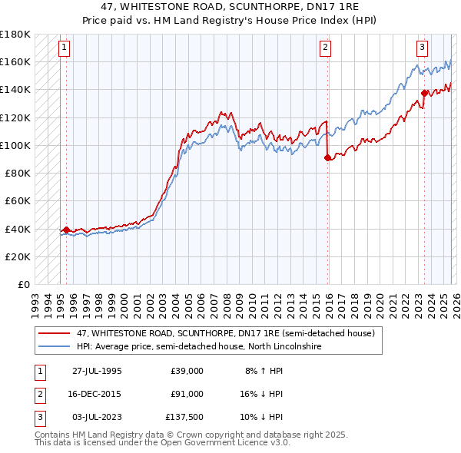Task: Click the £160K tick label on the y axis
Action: (x=15, y=61)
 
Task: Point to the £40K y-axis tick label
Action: (x=18, y=229)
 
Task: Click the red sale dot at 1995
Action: (x=67, y=230)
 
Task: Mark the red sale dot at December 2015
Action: (x=328, y=157)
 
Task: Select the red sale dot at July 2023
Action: (x=424, y=93)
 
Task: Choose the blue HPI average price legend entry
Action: (x=198, y=347)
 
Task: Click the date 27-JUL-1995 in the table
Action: (x=97, y=371)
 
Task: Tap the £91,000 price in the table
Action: (x=187, y=394)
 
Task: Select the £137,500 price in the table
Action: (x=184, y=417)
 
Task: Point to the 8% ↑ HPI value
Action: (x=264, y=371)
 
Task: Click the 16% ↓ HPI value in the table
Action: (x=262, y=394)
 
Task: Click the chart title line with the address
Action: (x=230, y=7)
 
